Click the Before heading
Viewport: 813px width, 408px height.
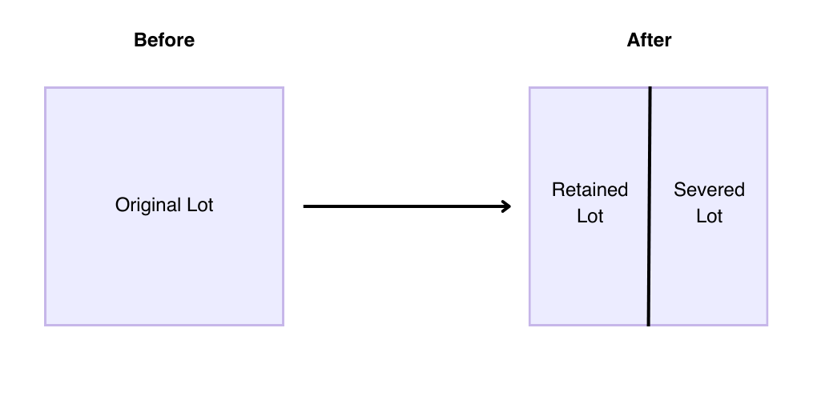click(x=164, y=40)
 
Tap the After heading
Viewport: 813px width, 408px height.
click(x=649, y=40)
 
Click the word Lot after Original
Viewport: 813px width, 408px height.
click(x=199, y=205)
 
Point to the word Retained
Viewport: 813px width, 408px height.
click(x=590, y=190)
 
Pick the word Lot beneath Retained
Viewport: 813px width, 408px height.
click(x=590, y=216)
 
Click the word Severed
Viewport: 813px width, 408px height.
click(x=709, y=190)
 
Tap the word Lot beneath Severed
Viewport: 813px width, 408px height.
click(x=709, y=216)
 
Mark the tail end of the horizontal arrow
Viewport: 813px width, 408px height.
click(x=305, y=206)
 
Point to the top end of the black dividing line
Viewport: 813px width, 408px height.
click(x=650, y=88)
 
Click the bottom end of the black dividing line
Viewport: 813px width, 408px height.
click(x=648, y=325)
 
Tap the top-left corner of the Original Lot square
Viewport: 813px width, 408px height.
click(x=46, y=88)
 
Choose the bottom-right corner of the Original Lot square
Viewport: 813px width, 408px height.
click(x=283, y=324)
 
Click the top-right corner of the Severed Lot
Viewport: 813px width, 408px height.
click(x=767, y=88)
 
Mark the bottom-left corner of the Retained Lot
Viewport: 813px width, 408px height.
click(x=530, y=324)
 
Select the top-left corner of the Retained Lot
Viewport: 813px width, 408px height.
click(x=530, y=88)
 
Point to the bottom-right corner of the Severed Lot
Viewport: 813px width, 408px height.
click(x=767, y=324)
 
